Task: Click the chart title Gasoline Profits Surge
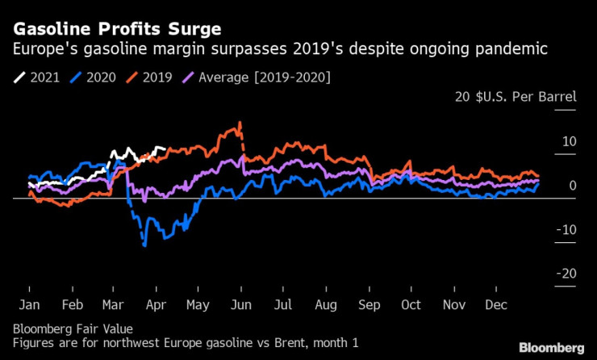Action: (117, 30)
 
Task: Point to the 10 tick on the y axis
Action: (570, 142)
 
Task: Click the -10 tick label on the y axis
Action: (567, 230)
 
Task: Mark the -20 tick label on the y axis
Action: (567, 274)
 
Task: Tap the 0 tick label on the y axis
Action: (573, 186)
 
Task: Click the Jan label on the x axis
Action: (29, 306)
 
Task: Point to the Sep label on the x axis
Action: (369, 306)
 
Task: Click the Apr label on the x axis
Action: (156, 306)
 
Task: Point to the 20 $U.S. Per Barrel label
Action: (516, 98)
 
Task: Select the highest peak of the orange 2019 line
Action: (240, 123)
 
